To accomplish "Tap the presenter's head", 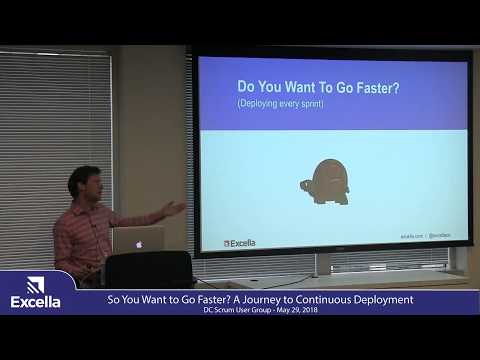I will [83, 183].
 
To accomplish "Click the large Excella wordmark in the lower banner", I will [35, 301].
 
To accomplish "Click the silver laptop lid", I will [138, 239].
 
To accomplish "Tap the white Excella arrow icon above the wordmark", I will [35, 284].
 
